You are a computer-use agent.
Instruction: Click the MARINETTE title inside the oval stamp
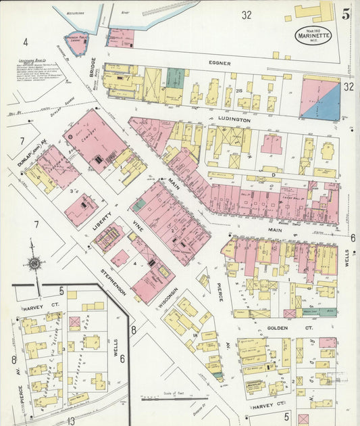tap(313, 36)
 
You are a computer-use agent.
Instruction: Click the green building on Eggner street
tap(176, 76)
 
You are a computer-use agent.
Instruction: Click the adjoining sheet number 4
tap(25, 42)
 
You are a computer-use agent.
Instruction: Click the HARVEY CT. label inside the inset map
tap(32, 309)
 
